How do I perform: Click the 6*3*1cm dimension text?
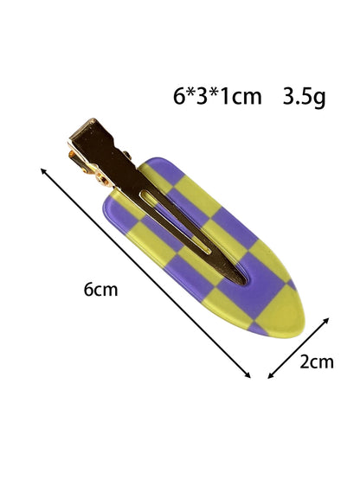(217, 96)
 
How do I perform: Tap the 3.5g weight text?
(304, 98)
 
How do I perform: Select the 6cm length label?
(100, 289)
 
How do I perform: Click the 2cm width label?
(317, 362)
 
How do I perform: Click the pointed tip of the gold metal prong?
(244, 283)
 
